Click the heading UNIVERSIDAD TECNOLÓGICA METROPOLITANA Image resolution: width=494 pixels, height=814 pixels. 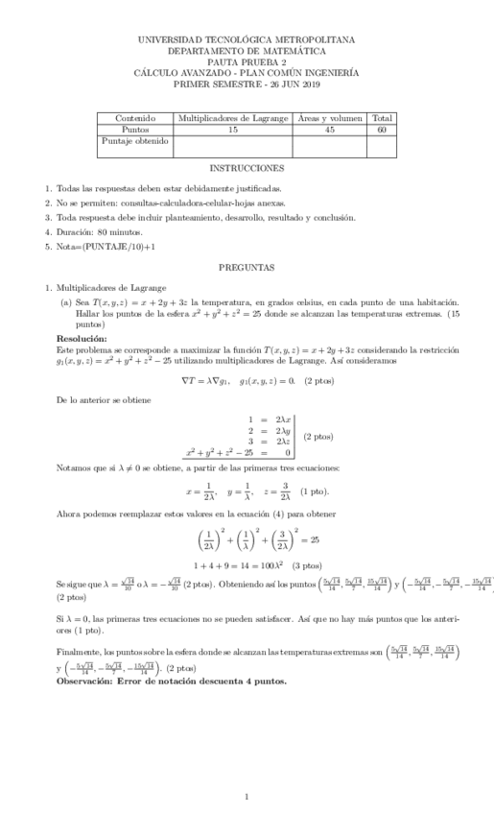coord(247,39)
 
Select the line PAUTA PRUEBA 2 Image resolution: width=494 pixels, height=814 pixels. coord(247,61)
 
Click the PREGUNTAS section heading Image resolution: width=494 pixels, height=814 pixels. coord(247,266)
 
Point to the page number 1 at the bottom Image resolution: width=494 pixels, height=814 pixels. coord(247,795)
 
